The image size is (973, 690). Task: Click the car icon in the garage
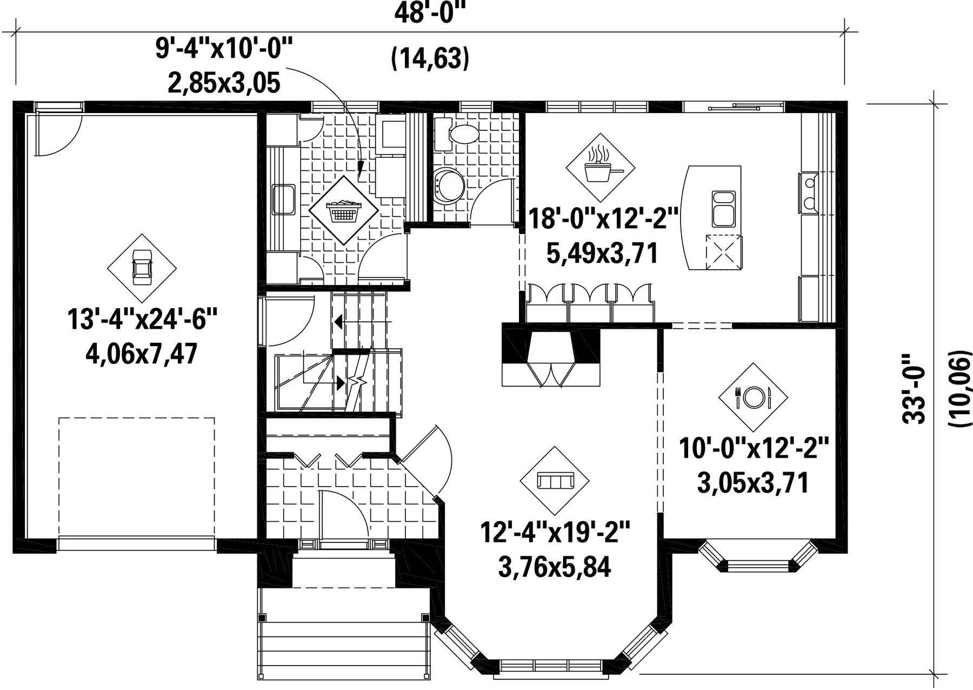[142, 268]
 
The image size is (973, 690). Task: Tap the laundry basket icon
[343, 210]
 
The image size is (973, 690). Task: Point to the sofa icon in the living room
[555, 480]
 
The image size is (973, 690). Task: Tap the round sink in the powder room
[449, 185]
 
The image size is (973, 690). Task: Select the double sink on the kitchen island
[723, 208]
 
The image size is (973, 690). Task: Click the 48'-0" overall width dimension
[430, 14]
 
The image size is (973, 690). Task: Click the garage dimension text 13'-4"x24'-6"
[142, 319]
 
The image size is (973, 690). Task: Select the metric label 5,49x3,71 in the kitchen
[602, 253]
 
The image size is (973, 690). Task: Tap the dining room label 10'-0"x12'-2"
[754, 449]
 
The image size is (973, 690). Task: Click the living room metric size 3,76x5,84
[555, 567]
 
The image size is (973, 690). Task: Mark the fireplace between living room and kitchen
[551, 355]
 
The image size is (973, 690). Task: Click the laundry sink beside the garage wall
[283, 200]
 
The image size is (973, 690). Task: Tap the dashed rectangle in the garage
[137, 476]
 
